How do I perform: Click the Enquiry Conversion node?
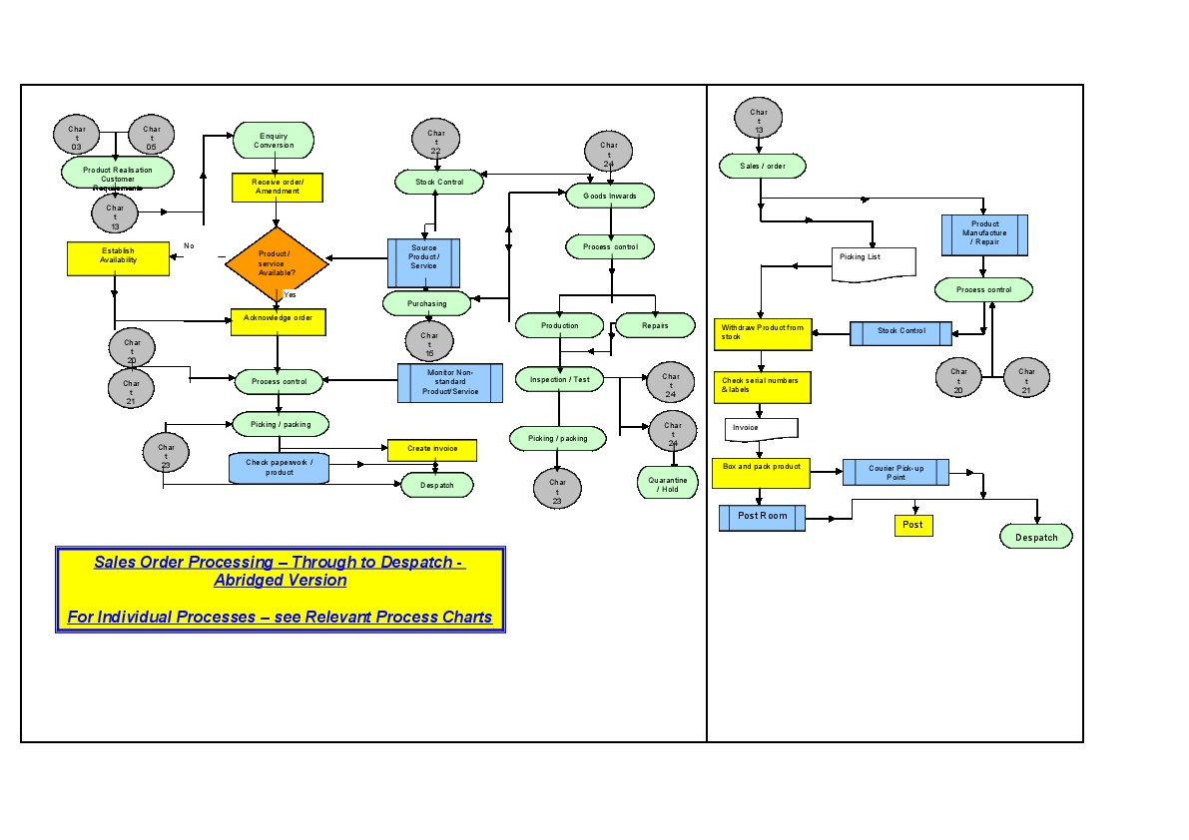(x=274, y=141)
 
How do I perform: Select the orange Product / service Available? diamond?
(x=277, y=263)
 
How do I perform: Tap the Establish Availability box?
(x=118, y=258)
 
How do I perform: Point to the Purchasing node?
(x=427, y=303)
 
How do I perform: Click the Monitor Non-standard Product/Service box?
(x=451, y=382)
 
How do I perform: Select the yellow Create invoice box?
(x=432, y=450)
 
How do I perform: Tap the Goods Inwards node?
(x=610, y=197)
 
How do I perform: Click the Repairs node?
(x=655, y=325)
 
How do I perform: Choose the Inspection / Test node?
(x=560, y=379)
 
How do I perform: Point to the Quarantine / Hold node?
(x=668, y=484)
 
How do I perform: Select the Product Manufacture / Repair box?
(x=984, y=235)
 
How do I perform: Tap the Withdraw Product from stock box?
(x=763, y=333)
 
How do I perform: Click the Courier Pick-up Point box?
(x=894, y=472)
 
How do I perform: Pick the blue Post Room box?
(x=762, y=517)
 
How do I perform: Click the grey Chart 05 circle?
(x=152, y=137)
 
